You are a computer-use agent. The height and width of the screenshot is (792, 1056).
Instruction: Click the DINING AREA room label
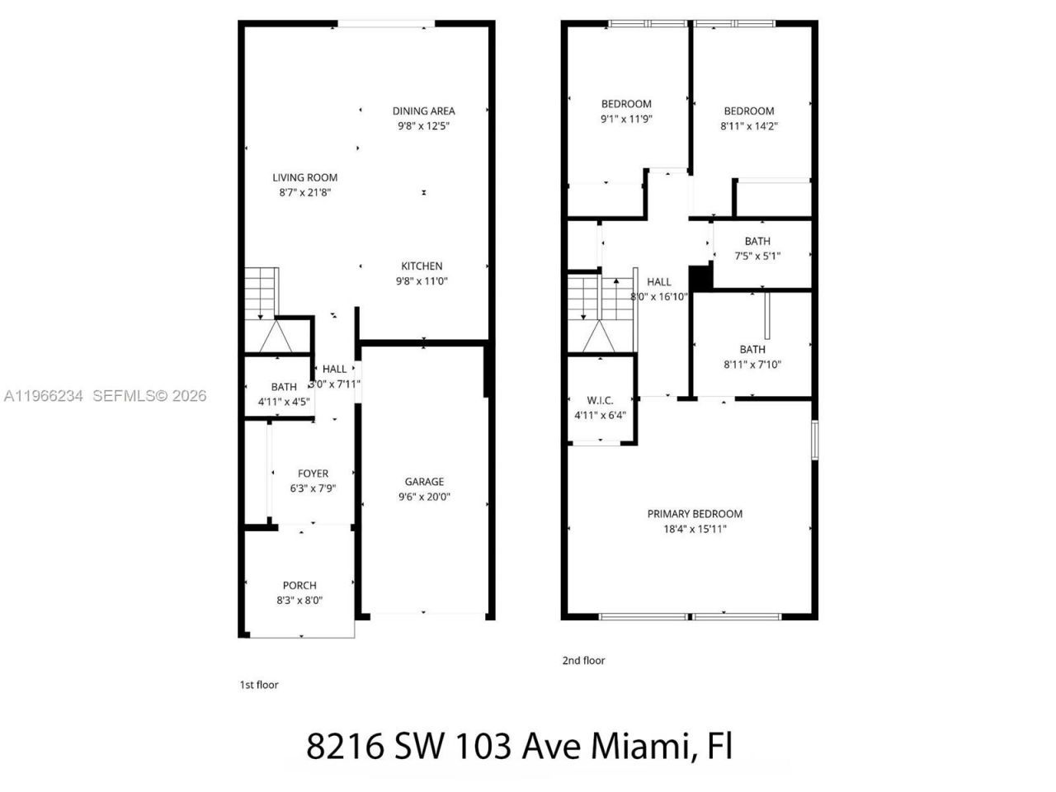423,111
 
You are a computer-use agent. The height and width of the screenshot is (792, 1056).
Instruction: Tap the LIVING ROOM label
305,177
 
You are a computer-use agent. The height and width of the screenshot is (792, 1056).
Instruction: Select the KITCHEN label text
422,266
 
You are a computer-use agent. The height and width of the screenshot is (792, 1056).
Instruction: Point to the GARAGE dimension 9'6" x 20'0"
424,497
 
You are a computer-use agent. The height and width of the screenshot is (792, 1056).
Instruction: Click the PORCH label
299,586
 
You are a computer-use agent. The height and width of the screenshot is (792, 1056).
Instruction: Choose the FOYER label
313,474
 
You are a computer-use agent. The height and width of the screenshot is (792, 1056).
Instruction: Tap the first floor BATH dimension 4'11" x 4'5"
284,402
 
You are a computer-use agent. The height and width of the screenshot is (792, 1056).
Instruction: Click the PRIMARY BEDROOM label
695,514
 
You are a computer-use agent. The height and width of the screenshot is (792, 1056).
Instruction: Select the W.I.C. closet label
600,400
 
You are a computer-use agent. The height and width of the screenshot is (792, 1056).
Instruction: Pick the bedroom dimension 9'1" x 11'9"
626,119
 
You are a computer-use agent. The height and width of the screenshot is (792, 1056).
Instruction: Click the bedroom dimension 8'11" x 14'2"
749,126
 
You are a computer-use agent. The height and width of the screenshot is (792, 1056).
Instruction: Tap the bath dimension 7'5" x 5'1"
757,256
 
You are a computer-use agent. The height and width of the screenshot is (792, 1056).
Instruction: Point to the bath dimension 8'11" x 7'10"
752,365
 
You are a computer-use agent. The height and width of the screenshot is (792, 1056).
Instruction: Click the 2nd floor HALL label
659,282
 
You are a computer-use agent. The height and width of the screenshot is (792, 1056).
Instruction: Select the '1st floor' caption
259,685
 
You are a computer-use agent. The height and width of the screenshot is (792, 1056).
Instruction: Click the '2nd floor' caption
583,660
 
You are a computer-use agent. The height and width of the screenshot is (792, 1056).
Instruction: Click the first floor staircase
262,293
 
